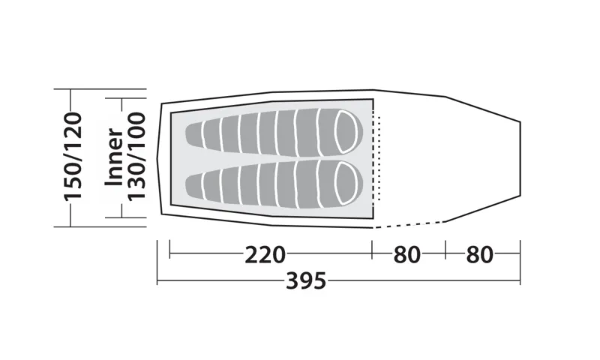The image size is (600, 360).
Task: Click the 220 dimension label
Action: [265, 255]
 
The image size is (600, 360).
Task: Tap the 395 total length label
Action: [307, 282]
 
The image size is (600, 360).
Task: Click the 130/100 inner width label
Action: [136, 157]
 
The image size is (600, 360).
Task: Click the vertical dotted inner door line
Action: [380, 157]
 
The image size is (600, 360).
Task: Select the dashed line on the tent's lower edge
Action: [409, 224]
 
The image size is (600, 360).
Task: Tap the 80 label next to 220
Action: [406, 255]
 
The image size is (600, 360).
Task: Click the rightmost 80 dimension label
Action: [479, 255]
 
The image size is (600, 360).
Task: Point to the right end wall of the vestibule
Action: [520, 157]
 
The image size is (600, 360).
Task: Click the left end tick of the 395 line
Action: [157, 262]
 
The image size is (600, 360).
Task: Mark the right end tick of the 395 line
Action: [520, 262]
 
